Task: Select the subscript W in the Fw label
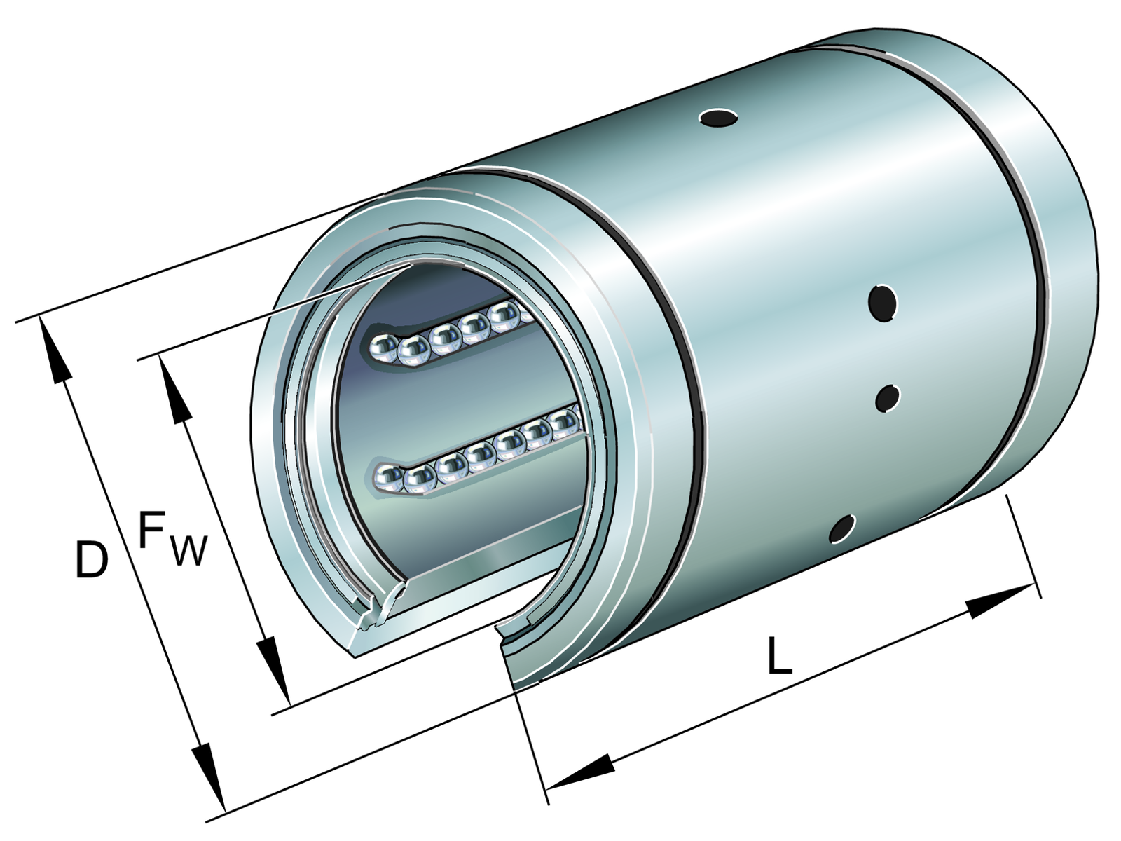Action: pyautogui.click(x=189, y=550)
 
